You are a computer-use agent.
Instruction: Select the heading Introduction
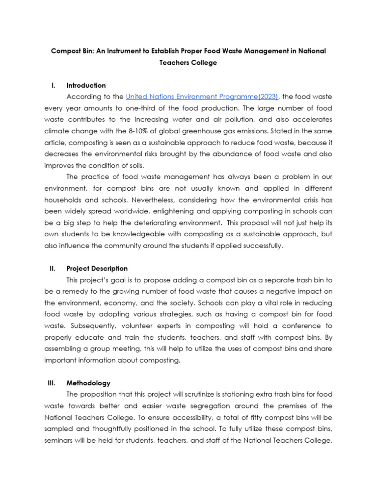86,85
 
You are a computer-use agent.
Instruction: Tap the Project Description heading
97,269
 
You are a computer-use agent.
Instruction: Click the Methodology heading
88,383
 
